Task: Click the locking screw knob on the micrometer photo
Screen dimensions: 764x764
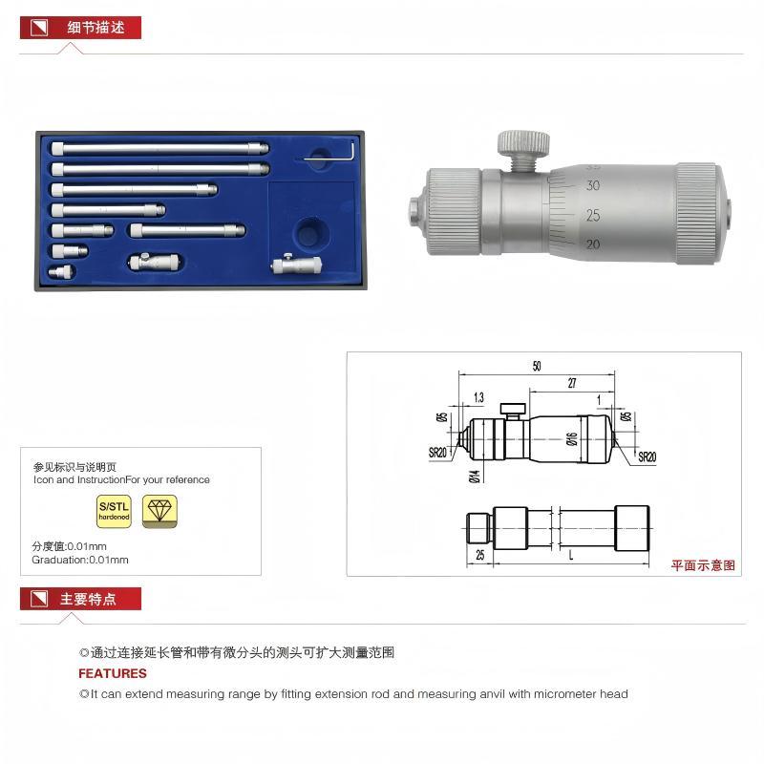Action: pyautogui.click(x=522, y=144)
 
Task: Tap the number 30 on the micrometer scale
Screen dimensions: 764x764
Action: pyautogui.click(x=593, y=185)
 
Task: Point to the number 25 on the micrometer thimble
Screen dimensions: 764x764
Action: pyautogui.click(x=593, y=215)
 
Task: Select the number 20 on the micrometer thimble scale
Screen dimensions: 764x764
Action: pyautogui.click(x=593, y=244)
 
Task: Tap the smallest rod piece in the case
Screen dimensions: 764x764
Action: pyautogui.click(x=62, y=271)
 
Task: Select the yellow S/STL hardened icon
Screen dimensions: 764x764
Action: pyautogui.click(x=115, y=511)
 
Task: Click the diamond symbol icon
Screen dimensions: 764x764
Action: pyautogui.click(x=159, y=511)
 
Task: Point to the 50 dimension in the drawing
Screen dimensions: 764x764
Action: pyautogui.click(x=537, y=366)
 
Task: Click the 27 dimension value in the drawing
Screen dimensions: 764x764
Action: pyautogui.click(x=570, y=383)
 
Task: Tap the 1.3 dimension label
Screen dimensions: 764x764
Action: pyautogui.click(x=477, y=396)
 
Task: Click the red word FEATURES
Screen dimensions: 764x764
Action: pyautogui.click(x=113, y=673)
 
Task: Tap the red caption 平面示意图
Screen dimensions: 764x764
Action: pyautogui.click(x=703, y=565)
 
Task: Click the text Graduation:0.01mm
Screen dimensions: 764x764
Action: pyautogui.click(x=80, y=560)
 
